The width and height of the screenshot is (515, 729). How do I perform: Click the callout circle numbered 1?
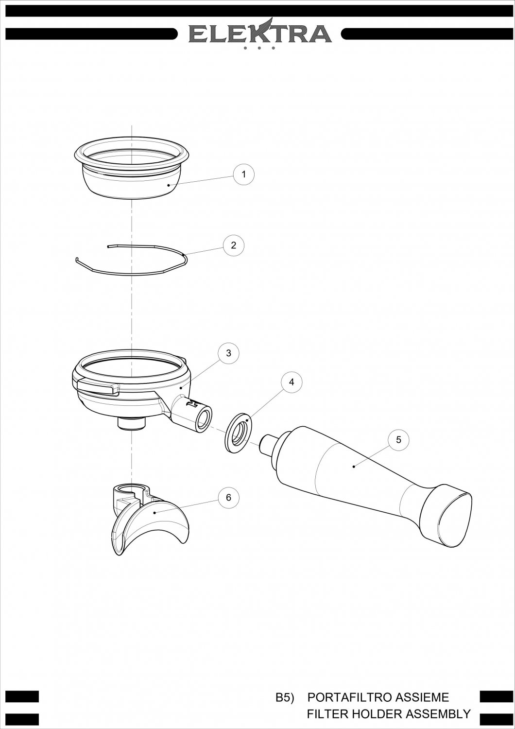click(x=244, y=174)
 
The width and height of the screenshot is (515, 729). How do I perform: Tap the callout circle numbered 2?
click(x=233, y=245)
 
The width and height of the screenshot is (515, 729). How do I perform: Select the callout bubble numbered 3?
click(x=228, y=353)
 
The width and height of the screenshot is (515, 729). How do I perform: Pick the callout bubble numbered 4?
click(x=292, y=382)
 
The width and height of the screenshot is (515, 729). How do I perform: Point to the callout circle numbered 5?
click(x=398, y=440)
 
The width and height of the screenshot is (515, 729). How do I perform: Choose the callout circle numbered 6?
click(x=228, y=497)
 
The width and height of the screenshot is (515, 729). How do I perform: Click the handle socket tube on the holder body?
click(x=192, y=413)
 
